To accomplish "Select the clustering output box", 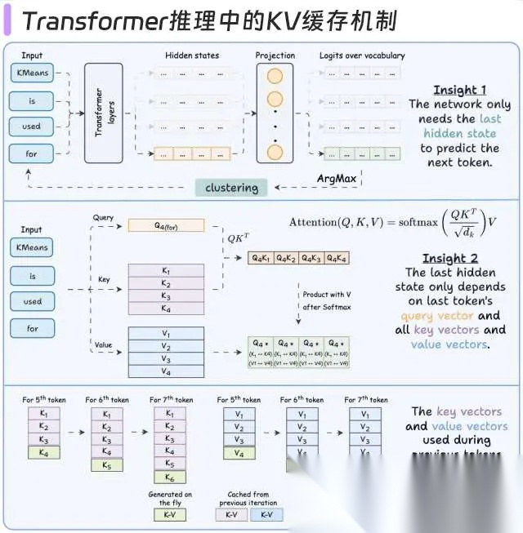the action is (x=231, y=188).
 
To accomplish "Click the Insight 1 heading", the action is (x=459, y=90).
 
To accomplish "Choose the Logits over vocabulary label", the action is (x=362, y=56).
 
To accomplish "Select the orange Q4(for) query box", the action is (x=166, y=224).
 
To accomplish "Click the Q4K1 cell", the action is (x=261, y=259).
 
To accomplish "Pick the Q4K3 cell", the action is (x=311, y=259).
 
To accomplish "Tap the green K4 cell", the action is (x=38, y=452).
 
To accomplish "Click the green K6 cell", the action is (x=168, y=477).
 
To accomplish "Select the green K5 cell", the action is (x=103, y=464).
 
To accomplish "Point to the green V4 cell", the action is (x=239, y=452).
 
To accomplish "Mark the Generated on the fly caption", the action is (x=170, y=498).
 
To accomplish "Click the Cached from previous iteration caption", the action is (x=248, y=498).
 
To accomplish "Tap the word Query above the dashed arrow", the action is (x=103, y=218).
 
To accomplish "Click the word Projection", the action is (x=275, y=56).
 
